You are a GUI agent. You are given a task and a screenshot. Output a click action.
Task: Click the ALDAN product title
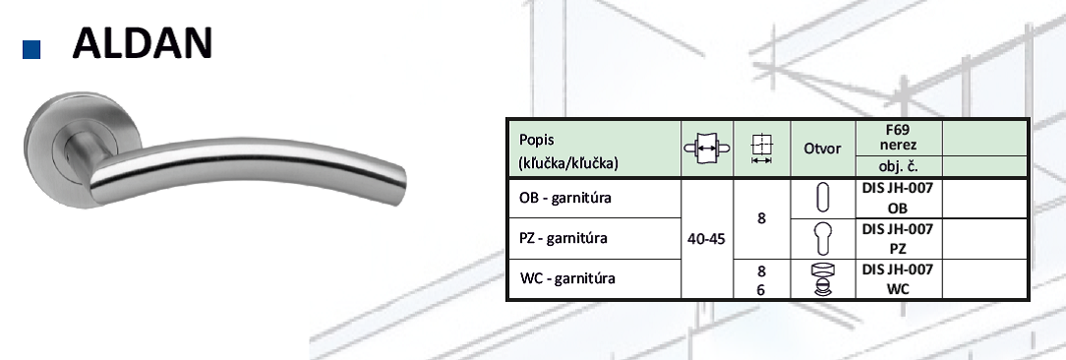click(142, 42)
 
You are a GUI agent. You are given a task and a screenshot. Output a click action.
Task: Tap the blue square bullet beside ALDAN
click(31, 50)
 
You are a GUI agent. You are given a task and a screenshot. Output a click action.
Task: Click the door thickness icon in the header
click(707, 149)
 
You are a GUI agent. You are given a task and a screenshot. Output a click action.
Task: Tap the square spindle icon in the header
click(761, 149)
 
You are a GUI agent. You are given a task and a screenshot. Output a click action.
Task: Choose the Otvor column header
click(823, 149)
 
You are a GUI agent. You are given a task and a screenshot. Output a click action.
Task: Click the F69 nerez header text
click(898, 137)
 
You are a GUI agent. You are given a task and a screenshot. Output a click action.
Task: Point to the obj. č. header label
click(899, 167)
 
